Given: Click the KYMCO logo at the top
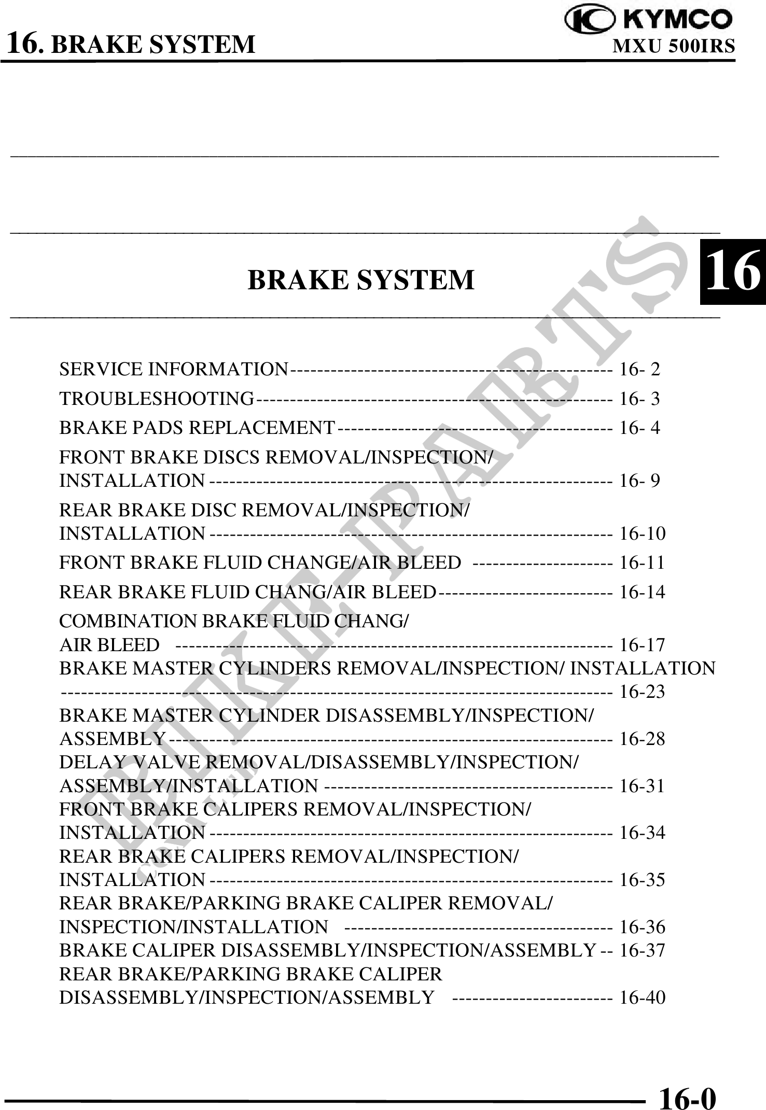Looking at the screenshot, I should (649, 20).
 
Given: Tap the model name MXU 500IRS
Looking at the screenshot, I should (674, 47).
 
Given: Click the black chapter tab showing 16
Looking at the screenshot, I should (732, 272).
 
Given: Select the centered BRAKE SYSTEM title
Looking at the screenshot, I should (361, 280).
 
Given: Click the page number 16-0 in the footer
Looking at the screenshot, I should (687, 1084).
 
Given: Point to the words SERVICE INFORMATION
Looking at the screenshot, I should (174, 369).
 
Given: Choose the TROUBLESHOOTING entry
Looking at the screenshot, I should (157, 399).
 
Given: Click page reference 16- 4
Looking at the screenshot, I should (640, 428).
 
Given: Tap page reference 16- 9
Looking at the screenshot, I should (640, 481).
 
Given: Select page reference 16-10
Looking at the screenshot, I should (643, 533).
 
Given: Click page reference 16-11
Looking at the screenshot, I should (643, 563).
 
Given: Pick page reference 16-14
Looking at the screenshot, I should (643, 592).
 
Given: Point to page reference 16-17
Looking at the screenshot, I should (643, 645).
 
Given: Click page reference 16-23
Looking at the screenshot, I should (643, 692).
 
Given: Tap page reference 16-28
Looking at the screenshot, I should (643, 739).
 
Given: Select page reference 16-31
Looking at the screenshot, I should (643, 786).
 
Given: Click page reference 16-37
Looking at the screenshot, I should (643, 950).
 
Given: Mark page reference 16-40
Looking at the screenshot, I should (643, 997).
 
